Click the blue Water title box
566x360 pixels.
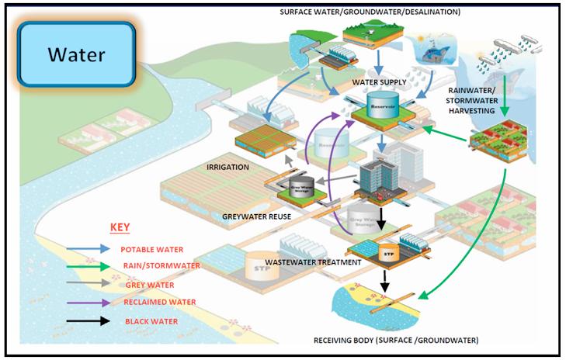[76, 55]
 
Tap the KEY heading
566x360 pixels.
[119, 228]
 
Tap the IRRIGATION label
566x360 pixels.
[227, 167]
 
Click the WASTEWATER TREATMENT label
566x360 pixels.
[314, 262]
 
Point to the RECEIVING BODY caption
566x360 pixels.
[396, 340]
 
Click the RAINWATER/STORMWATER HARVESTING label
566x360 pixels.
[474, 100]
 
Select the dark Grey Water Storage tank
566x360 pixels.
[300, 186]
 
